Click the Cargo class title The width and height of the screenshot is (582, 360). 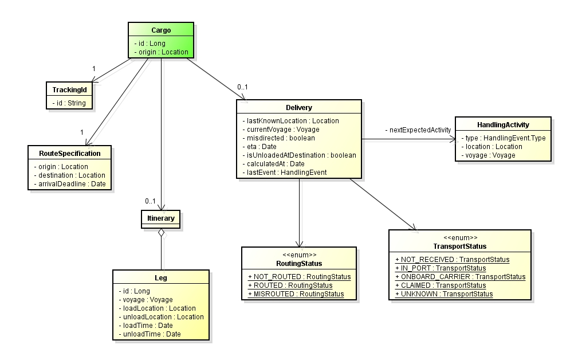pyautogui.click(x=160, y=30)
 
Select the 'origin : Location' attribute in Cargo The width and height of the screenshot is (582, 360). pyautogui.click(x=161, y=52)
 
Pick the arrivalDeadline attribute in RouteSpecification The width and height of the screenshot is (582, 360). pyautogui.click(x=69, y=183)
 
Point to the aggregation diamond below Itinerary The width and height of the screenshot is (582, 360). pyautogui.click(x=162, y=232)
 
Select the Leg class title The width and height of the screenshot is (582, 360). pyautogui.click(x=161, y=278)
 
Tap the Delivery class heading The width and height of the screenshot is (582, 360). pyautogui.click(x=298, y=107)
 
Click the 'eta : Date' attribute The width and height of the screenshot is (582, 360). pyautogui.click(x=261, y=146)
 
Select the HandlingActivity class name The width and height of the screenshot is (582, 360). pyautogui.click(x=502, y=124)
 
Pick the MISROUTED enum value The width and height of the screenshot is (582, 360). pyautogui.click(x=296, y=294)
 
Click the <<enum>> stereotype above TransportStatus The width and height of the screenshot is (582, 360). pyautogui.click(x=459, y=237)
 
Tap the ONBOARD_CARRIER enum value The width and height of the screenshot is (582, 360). pyautogui.click(x=460, y=276)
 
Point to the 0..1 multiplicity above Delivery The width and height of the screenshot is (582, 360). pyautogui.click(x=243, y=87)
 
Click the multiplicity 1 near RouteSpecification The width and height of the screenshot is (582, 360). pyautogui.click(x=81, y=132)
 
